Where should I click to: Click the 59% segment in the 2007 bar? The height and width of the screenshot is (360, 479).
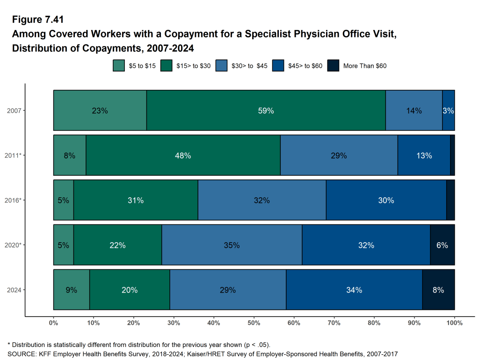(x=266, y=110)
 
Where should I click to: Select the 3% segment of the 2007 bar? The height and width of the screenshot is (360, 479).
(x=449, y=110)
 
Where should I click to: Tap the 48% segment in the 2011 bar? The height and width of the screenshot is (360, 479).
(x=183, y=155)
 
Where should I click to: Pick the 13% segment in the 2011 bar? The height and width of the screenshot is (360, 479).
(x=424, y=155)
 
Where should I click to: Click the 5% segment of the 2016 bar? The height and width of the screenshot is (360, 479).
(x=64, y=200)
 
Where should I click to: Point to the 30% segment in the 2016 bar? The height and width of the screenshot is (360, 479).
(x=386, y=200)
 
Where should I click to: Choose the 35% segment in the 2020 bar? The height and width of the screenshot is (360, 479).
(x=232, y=245)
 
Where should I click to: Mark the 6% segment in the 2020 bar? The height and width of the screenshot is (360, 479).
(x=442, y=245)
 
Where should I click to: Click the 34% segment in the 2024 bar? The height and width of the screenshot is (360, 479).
(x=354, y=290)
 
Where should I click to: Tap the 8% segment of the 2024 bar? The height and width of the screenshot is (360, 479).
(x=438, y=290)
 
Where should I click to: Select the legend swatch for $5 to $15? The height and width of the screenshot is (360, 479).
(x=119, y=66)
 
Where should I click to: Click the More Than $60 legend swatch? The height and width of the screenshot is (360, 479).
(x=333, y=66)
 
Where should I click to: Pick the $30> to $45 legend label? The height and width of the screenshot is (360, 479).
(x=249, y=66)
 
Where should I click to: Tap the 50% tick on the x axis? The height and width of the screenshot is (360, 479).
(x=254, y=323)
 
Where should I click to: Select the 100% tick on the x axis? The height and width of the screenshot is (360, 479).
(x=454, y=323)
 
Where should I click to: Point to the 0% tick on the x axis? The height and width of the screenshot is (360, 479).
(x=53, y=323)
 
